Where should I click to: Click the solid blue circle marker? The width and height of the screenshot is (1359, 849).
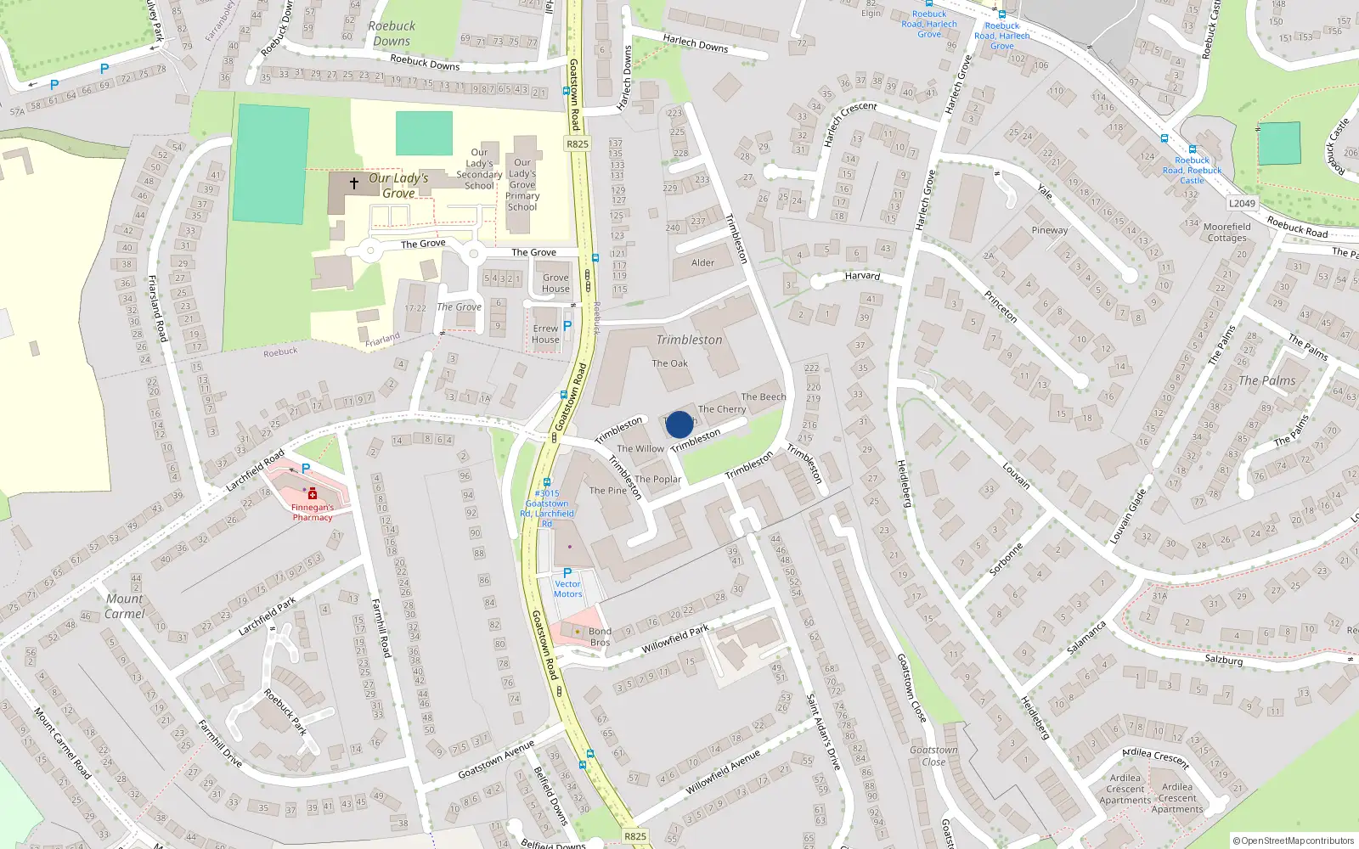point(679,424)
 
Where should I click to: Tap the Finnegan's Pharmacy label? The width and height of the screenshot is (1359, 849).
point(313,512)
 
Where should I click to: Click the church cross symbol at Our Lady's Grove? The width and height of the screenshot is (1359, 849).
point(354,183)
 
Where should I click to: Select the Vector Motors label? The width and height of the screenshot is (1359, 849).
point(567,589)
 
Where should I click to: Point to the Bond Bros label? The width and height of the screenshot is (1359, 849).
point(600,637)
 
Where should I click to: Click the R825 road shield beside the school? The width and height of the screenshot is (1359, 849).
point(578,144)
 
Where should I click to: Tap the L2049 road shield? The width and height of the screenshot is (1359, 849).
point(1242,204)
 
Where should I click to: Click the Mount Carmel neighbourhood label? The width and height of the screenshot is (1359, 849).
point(125,606)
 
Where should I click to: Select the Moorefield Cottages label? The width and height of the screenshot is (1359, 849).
point(1226,233)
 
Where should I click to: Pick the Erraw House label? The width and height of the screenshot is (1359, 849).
point(546,335)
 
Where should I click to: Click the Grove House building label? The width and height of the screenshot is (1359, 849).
point(555,284)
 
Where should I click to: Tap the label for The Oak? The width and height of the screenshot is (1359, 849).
point(670,363)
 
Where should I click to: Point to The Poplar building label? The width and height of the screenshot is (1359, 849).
point(658,479)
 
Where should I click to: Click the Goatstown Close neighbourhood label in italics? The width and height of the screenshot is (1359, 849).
point(933,756)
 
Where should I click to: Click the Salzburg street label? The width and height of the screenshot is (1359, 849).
point(1223,660)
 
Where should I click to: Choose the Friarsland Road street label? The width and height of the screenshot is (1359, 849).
point(157,308)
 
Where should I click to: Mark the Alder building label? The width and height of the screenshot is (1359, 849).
point(702,263)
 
